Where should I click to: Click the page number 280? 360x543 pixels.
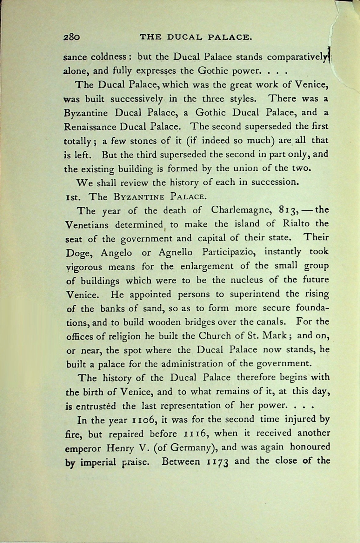point(71,37)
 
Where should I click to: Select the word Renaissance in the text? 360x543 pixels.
point(90,127)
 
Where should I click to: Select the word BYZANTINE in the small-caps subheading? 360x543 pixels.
point(139,197)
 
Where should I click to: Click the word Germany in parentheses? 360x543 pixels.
point(190,448)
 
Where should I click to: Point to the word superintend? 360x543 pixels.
point(255,294)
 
